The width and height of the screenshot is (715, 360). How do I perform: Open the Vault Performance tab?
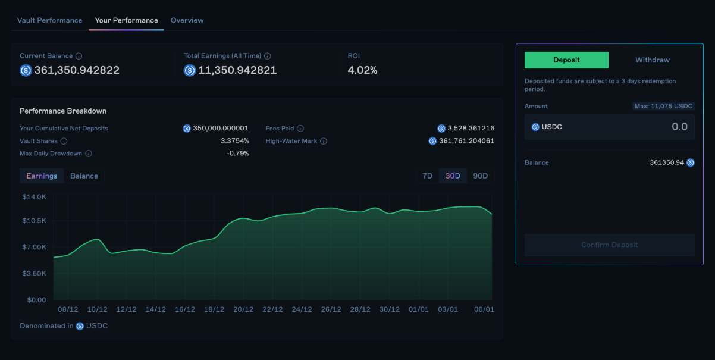click(50, 20)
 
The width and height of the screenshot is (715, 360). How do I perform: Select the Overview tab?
click(187, 20)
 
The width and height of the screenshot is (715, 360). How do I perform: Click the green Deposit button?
click(566, 60)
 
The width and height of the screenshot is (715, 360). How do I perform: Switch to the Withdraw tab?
click(652, 60)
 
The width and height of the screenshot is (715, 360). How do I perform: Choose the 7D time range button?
click(427, 176)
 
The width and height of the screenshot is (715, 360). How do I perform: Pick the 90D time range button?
click(480, 176)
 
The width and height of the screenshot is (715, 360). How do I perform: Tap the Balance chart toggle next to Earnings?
click(84, 176)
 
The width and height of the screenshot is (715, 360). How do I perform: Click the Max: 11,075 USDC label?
click(663, 106)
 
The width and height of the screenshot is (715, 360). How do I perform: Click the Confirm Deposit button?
click(609, 245)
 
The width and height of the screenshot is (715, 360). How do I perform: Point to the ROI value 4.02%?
click(362, 70)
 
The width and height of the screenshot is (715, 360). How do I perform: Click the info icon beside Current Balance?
click(79, 56)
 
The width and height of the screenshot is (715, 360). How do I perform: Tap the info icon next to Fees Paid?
click(300, 129)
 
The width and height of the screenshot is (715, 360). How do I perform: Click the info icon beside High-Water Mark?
click(324, 141)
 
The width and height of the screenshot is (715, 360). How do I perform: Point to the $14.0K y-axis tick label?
click(34, 196)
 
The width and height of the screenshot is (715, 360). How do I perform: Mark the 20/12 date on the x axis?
click(243, 309)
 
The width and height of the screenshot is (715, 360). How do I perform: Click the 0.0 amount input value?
click(679, 127)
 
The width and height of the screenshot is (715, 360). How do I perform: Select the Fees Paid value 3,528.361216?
click(466, 129)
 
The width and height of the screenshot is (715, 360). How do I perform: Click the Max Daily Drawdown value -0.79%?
click(237, 154)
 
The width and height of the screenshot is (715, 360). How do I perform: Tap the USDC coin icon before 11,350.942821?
click(190, 70)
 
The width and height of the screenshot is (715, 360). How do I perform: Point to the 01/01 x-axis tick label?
click(419, 309)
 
